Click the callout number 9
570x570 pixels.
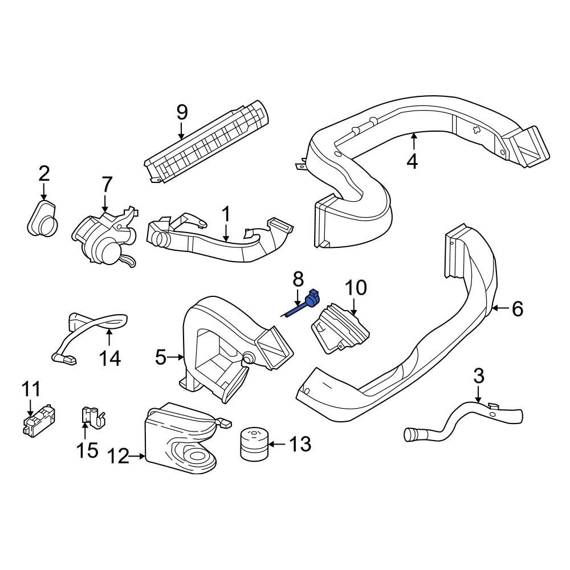coord(182,112)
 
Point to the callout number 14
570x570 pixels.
coord(110,359)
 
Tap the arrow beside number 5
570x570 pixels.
coord(178,357)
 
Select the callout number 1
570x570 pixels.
coord(226,214)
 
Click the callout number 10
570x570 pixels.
coord(356,288)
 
